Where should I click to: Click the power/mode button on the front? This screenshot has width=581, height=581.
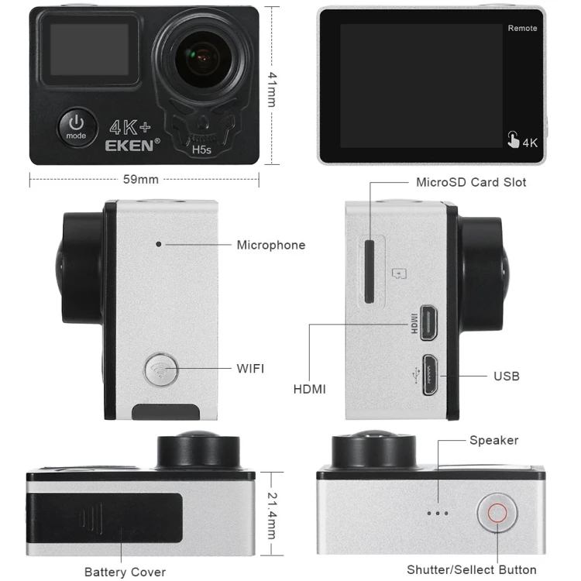pyautogui.click(x=76, y=125)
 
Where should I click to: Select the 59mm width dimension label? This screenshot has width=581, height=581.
pyautogui.click(x=141, y=179)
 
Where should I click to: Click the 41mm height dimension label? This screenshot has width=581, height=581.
pyautogui.click(x=272, y=86)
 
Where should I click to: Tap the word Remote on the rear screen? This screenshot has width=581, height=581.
pyautogui.click(x=522, y=29)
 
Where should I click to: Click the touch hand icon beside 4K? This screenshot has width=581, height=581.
pyautogui.click(x=513, y=139)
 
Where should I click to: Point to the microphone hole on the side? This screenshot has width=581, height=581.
pyautogui.click(x=159, y=244)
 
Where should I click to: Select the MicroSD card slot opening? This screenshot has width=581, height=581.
pyautogui.click(x=370, y=271)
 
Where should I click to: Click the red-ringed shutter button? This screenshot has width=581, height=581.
pyautogui.click(x=497, y=514)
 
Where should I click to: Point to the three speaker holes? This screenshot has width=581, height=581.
pyautogui.click(x=438, y=513)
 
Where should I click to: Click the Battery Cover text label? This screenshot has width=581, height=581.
pyautogui.click(x=125, y=572)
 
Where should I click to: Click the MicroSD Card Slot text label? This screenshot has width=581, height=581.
pyautogui.click(x=471, y=183)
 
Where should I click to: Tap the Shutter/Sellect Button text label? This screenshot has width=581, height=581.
pyautogui.click(x=471, y=569)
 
